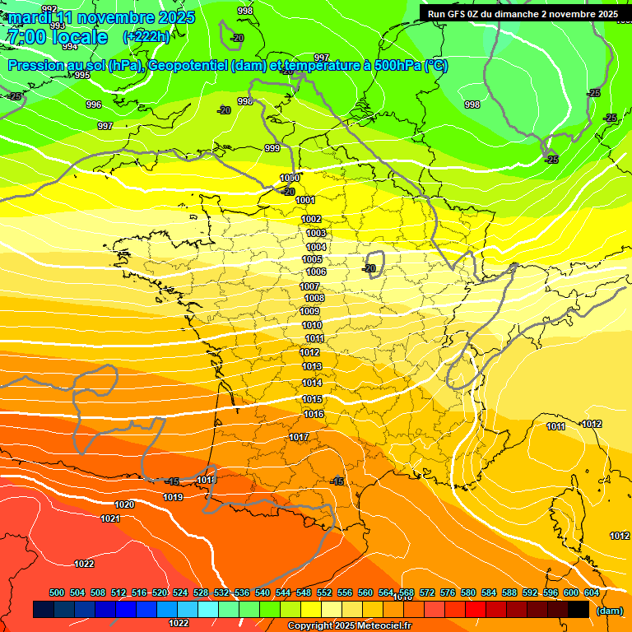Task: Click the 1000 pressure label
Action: pos(290,179)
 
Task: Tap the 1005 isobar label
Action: pos(312,259)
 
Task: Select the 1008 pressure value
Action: pos(314,298)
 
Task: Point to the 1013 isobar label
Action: pos(312,366)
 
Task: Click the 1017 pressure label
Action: pos(299,437)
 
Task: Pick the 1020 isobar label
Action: pos(124,504)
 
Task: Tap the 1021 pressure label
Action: pos(109,518)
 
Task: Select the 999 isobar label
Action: pos(272,148)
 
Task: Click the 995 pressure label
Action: pos(82,75)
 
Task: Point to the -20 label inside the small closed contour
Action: pos(370,268)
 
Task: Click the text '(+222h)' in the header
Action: pos(146,36)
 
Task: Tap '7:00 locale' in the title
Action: pos(57,37)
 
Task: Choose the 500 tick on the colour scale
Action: pos(57,592)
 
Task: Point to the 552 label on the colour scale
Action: pos(324,592)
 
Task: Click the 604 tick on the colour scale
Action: pos(592,592)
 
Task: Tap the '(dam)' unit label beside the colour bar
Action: pos(609,611)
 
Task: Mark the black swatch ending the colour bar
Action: pos(579,610)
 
